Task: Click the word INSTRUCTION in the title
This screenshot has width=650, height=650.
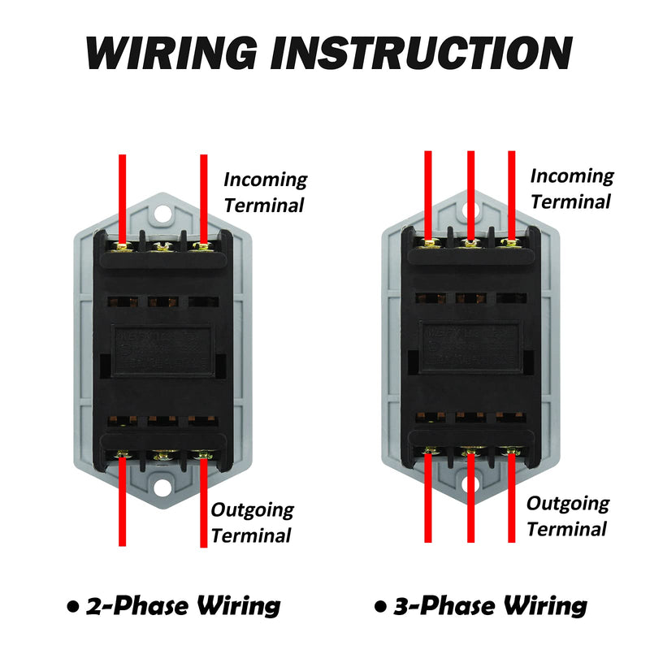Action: point(419,53)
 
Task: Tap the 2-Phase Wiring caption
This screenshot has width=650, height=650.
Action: point(183,605)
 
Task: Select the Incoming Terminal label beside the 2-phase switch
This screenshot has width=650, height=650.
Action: point(265,192)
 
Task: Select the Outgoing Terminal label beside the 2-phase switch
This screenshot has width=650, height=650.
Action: point(252,522)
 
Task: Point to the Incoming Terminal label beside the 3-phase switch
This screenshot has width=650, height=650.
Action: point(572,188)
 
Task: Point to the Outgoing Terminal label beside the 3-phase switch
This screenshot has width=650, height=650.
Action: point(567,516)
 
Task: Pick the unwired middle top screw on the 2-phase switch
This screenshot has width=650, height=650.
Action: point(162,244)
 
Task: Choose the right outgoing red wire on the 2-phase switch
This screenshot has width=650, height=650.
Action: point(204,504)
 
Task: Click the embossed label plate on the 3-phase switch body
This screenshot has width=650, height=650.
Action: point(470,343)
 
